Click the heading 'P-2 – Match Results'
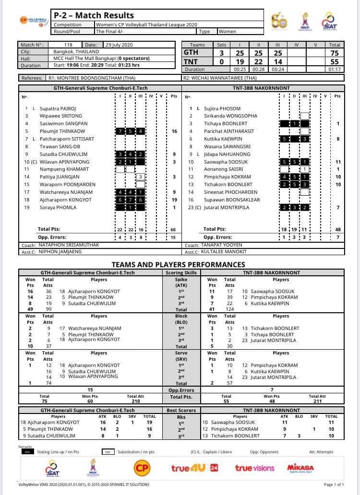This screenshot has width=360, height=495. click(94, 15)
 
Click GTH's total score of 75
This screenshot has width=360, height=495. click(335, 53)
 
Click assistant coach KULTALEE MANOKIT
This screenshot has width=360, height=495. click(223, 252)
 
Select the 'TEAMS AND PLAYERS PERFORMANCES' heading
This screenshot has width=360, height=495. click(178, 264)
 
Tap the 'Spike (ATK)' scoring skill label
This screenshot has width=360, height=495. click(181, 283)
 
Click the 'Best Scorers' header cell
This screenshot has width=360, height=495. click(181, 411)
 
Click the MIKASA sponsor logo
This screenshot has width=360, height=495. click(300, 468)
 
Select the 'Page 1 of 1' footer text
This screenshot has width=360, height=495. click(334, 485)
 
